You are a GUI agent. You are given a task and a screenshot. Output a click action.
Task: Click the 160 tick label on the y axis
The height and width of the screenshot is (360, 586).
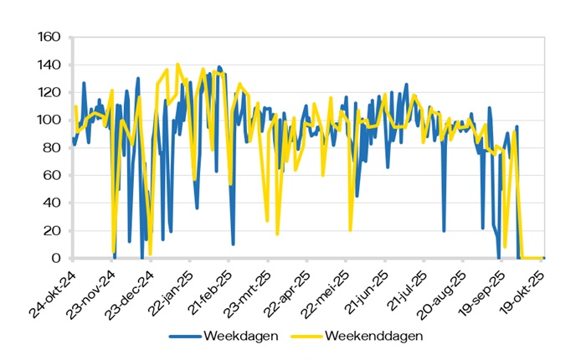click(50, 37)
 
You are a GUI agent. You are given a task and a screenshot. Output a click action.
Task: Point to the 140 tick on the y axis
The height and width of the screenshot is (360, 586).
click(50, 64)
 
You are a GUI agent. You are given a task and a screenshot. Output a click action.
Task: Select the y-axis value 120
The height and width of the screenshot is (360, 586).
click(50, 92)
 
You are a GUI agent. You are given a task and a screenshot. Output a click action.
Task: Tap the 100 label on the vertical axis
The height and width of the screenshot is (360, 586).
click(50, 120)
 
